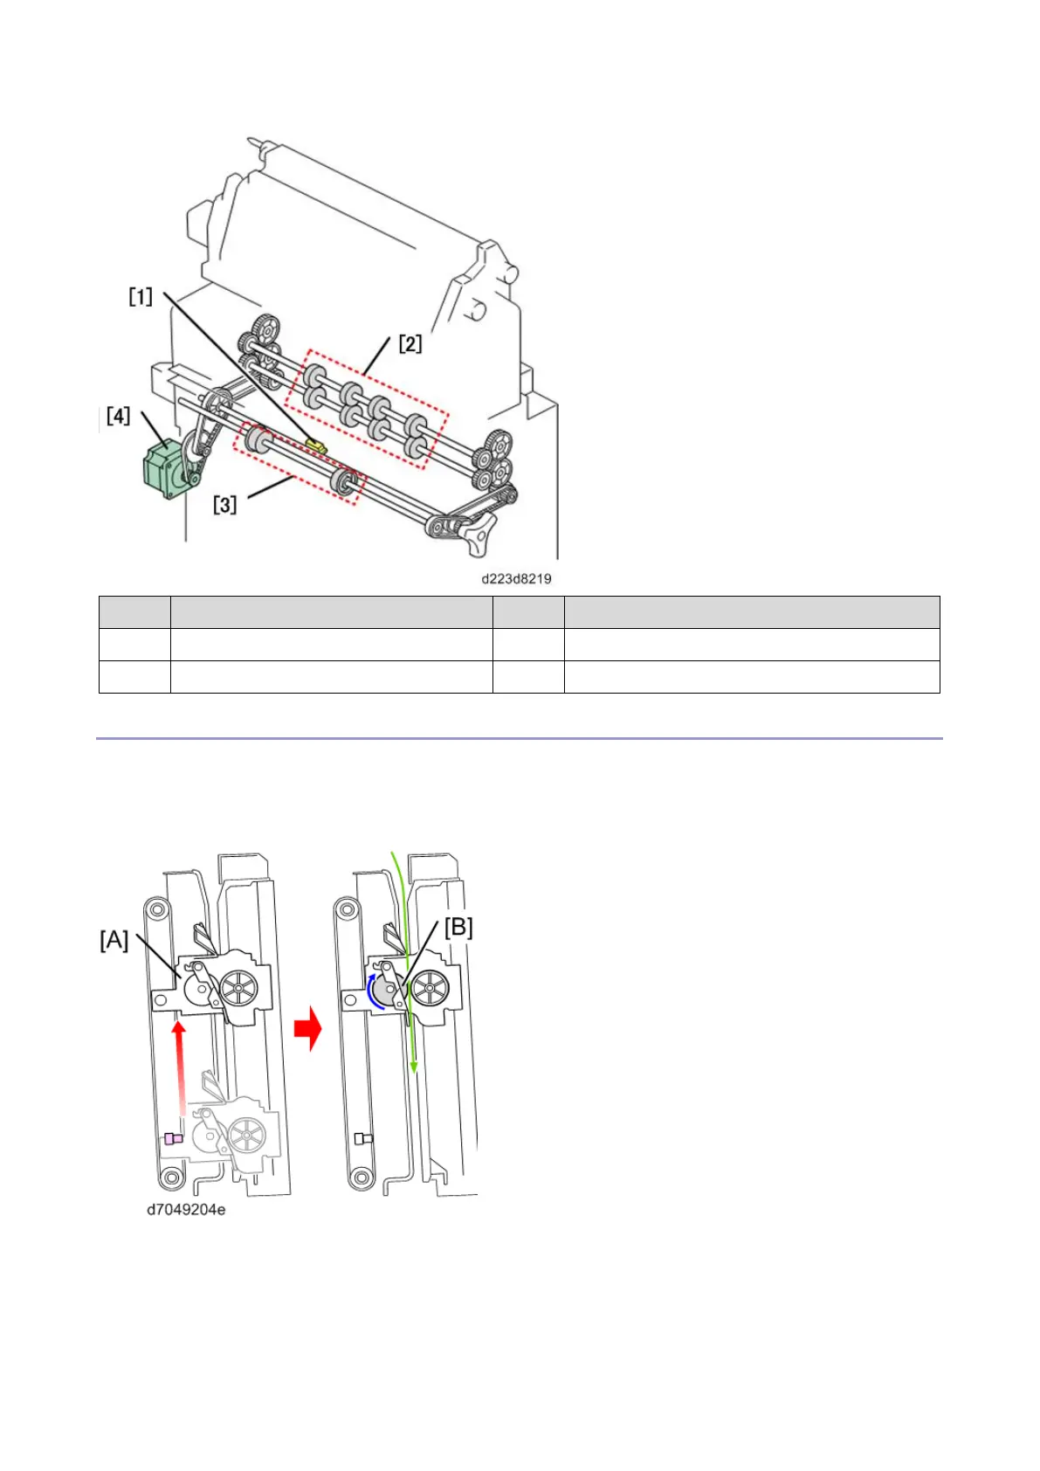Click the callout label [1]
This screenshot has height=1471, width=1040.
pos(141,297)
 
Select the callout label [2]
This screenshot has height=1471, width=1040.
pos(410,343)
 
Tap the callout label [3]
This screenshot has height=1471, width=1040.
pos(225,504)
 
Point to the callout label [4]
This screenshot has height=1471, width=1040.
pos(118,416)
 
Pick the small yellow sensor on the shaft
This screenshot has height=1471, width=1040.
pos(317,445)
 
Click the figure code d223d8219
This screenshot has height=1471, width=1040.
pos(516,578)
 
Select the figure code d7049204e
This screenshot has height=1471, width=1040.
pos(186,1210)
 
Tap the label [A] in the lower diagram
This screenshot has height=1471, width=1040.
pos(114,940)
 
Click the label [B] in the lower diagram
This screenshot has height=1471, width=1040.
pos(458,927)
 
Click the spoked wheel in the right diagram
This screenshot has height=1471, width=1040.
pos(429,990)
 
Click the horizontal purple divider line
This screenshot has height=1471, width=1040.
pos(519,739)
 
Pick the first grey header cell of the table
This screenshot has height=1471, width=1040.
pos(134,611)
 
